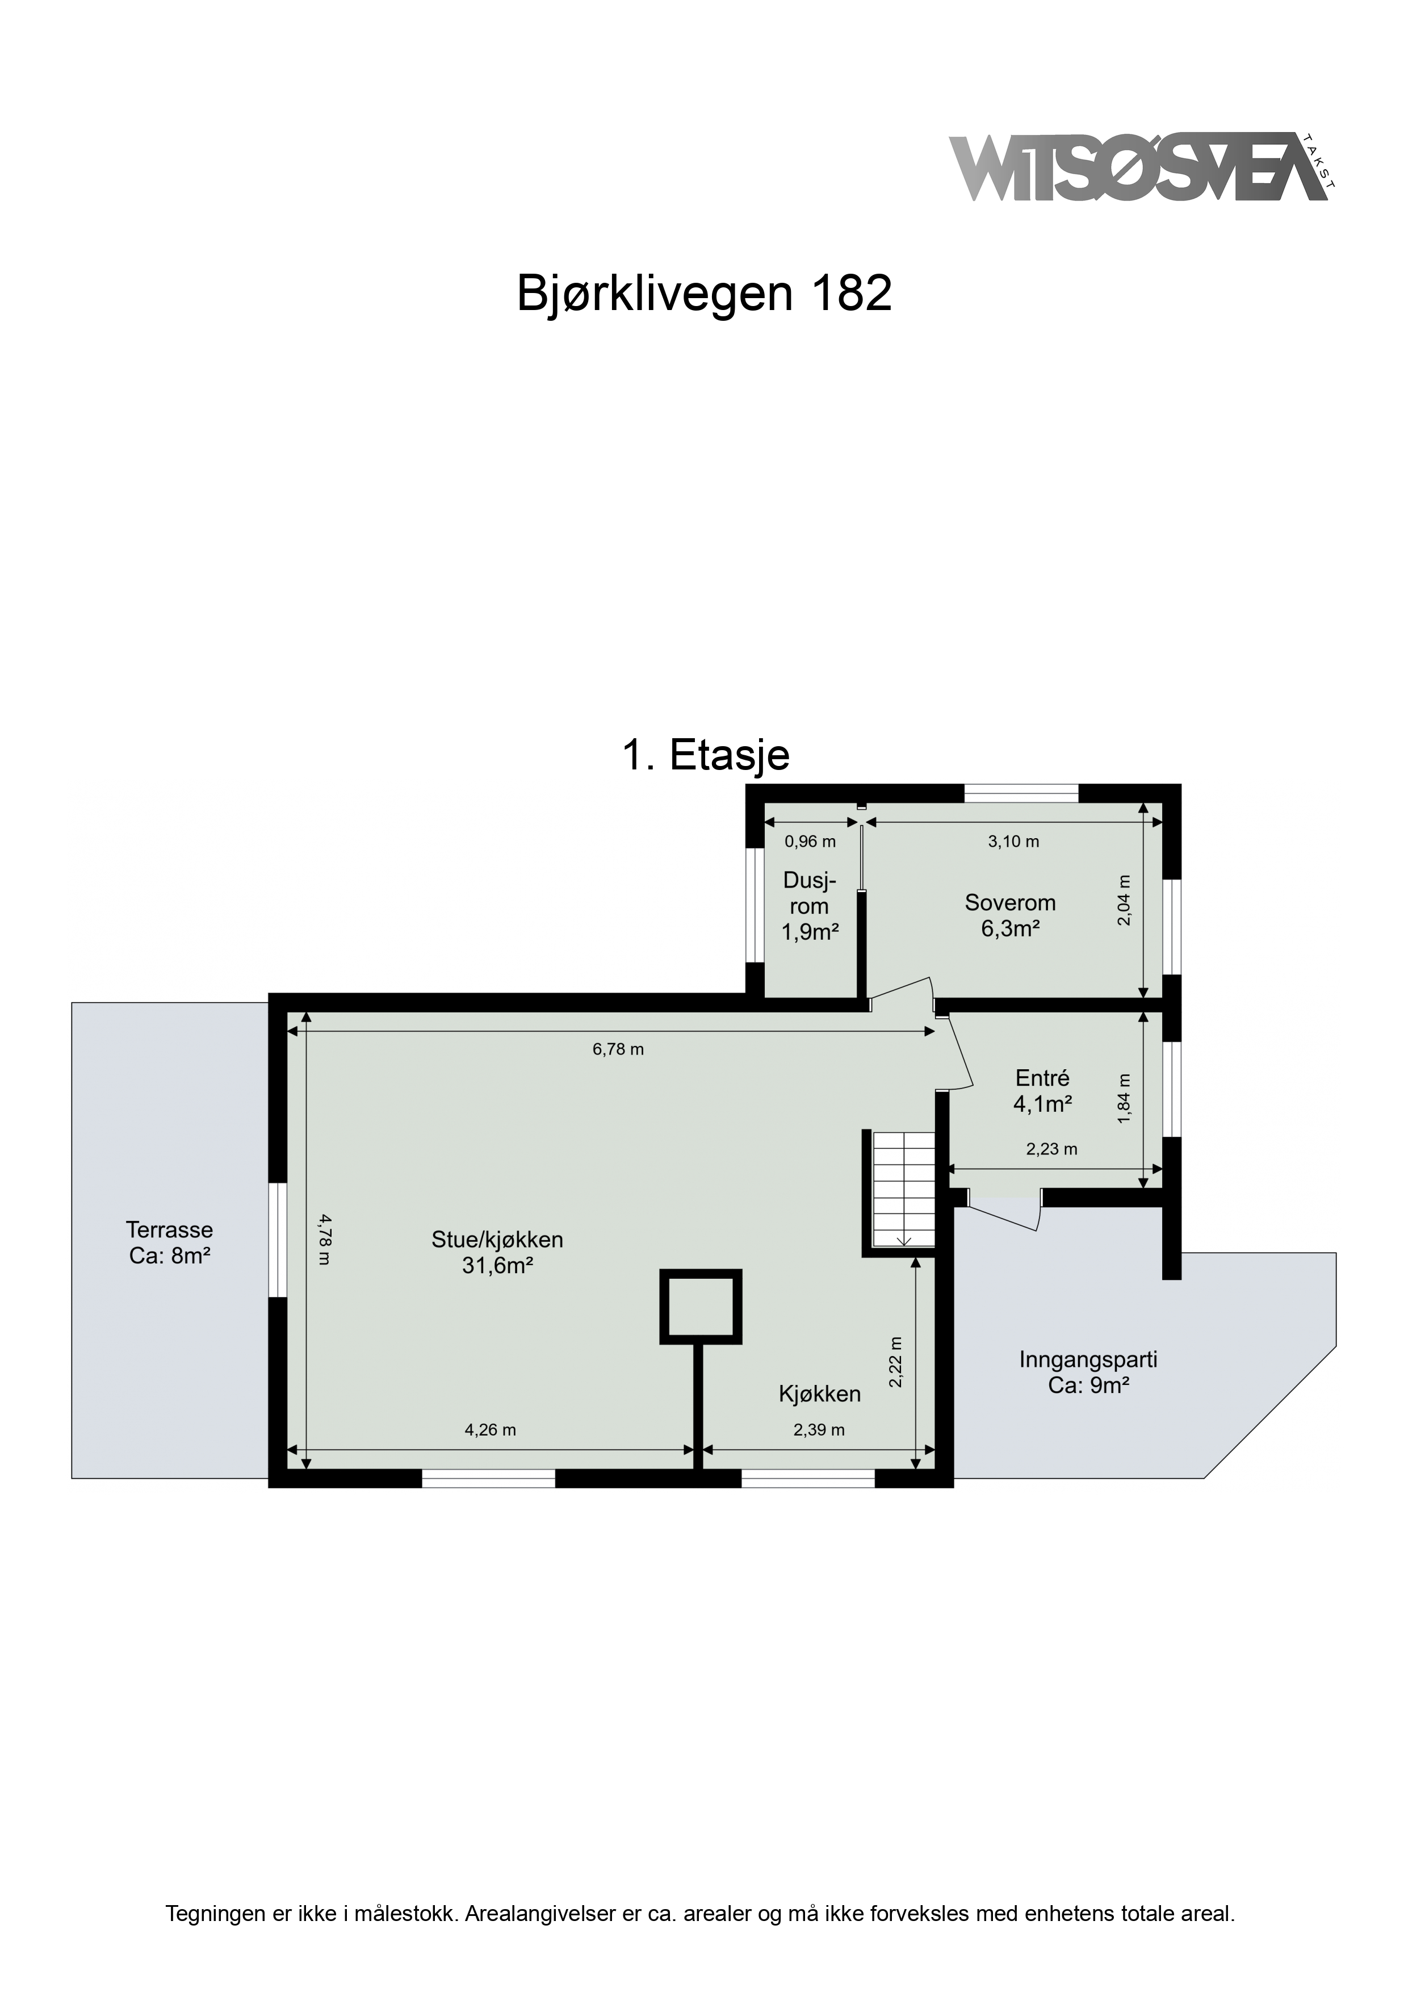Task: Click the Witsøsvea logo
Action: pos(1142,168)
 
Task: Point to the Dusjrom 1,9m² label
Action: pos(810,907)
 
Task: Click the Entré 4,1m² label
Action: pos(1043,1091)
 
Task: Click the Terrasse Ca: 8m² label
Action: pos(170,1241)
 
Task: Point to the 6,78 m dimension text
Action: pos(618,1049)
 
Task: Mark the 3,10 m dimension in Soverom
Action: pos(1013,841)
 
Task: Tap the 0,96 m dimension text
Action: pos(810,841)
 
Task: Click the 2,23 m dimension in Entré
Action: pos(1051,1149)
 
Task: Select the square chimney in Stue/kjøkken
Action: pos(701,1307)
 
